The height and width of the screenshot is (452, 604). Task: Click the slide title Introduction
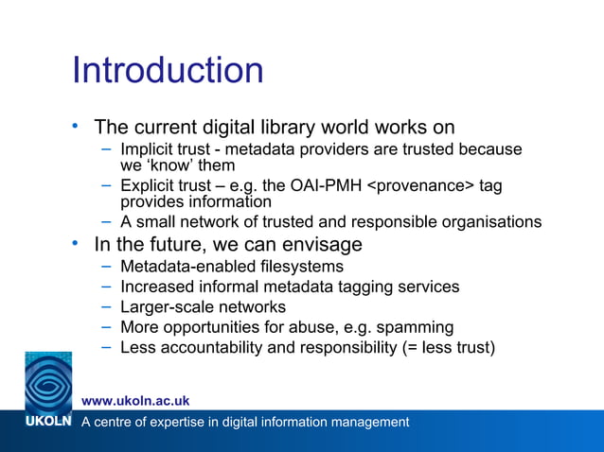pos(168,71)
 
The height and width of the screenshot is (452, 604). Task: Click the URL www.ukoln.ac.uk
pos(135,401)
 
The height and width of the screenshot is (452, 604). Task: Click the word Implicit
pos(149,149)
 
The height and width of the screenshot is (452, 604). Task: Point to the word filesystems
pos(282,266)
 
